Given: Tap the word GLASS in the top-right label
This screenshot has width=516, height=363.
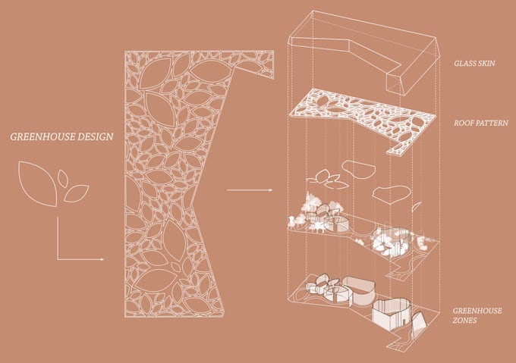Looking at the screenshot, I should click(464, 64).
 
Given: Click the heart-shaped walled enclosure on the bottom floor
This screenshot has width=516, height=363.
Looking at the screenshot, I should click(392, 310).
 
